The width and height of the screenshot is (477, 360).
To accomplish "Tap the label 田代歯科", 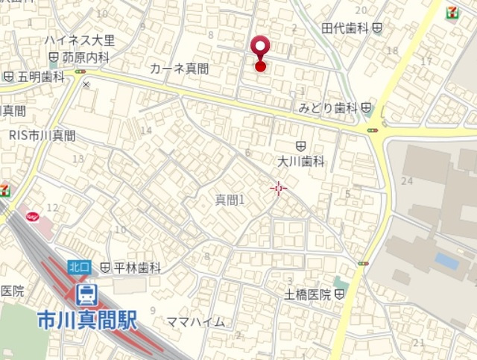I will point(346,28).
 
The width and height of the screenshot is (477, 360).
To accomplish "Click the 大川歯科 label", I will point(301,160).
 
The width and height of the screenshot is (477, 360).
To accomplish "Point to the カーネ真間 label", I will point(179,69).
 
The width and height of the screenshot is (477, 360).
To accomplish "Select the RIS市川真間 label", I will point(42,135).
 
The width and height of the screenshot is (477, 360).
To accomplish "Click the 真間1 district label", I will point(230,200).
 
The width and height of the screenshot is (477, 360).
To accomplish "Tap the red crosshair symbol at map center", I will point(279,189).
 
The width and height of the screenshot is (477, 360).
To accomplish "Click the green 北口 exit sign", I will point(79,266).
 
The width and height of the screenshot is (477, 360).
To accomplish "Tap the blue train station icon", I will point(87,293).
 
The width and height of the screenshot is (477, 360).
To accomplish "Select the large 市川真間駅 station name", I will point(87,320).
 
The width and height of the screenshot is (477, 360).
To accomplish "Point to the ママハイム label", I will point(195,322).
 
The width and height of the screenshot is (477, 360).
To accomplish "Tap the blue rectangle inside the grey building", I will point(446,261).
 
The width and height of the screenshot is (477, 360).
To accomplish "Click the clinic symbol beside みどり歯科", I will point(366,108).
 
